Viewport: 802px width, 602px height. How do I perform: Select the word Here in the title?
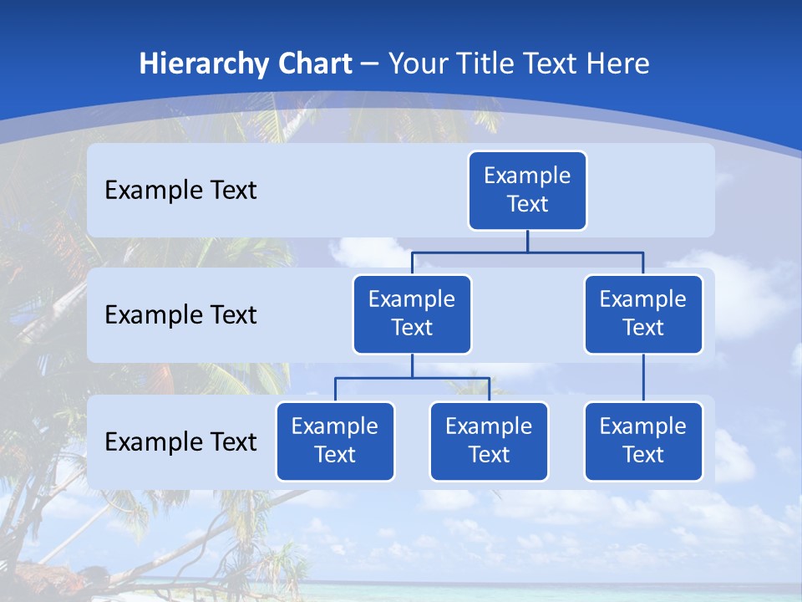[x=617, y=64]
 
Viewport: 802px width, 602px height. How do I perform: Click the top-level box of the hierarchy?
[x=527, y=190]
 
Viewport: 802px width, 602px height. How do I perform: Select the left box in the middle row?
[x=412, y=314]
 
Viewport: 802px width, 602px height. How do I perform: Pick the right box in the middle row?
[x=643, y=314]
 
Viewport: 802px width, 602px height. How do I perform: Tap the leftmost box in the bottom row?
[x=335, y=441]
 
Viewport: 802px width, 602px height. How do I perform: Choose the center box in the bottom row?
[x=489, y=441]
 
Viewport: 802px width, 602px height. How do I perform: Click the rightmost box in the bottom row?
[x=643, y=441]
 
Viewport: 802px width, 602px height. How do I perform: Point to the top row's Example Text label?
[x=180, y=190]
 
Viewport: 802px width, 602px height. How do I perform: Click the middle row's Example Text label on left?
[x=180, y=314]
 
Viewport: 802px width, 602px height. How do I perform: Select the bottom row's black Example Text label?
[x=180, y=441]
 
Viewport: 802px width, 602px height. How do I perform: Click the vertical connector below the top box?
[x=527, y=241]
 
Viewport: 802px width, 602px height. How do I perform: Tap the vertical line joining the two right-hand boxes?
[x=643, y=378]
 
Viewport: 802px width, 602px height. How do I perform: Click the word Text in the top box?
[x=527, y=204]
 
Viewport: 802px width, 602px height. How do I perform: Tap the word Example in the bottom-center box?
[x=489, y=426]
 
